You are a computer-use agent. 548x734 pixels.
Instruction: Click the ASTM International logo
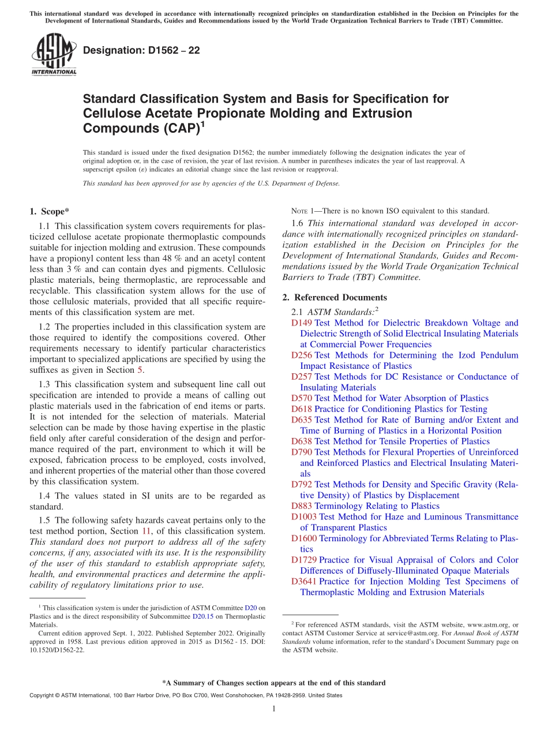(53, 55)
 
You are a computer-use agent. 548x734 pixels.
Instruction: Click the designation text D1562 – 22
(141, 50)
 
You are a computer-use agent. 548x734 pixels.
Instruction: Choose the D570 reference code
(302, 398)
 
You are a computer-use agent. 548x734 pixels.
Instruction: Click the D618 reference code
(302, 409)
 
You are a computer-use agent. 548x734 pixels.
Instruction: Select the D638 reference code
(302, 441)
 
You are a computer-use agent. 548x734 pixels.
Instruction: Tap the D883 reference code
(302, 506)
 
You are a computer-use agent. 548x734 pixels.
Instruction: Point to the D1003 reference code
(304, 517)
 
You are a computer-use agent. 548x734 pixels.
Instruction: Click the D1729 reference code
(304, 560)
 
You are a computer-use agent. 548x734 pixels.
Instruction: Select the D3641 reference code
(304, 582)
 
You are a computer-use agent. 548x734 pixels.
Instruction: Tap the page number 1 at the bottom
(273, 709)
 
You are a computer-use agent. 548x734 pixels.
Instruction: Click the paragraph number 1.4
(44, 496)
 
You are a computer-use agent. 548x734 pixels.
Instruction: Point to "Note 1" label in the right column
(306, 211)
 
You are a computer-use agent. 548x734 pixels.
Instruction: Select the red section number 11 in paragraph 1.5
(146, 531)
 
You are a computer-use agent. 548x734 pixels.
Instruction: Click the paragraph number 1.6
(298, 223)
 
